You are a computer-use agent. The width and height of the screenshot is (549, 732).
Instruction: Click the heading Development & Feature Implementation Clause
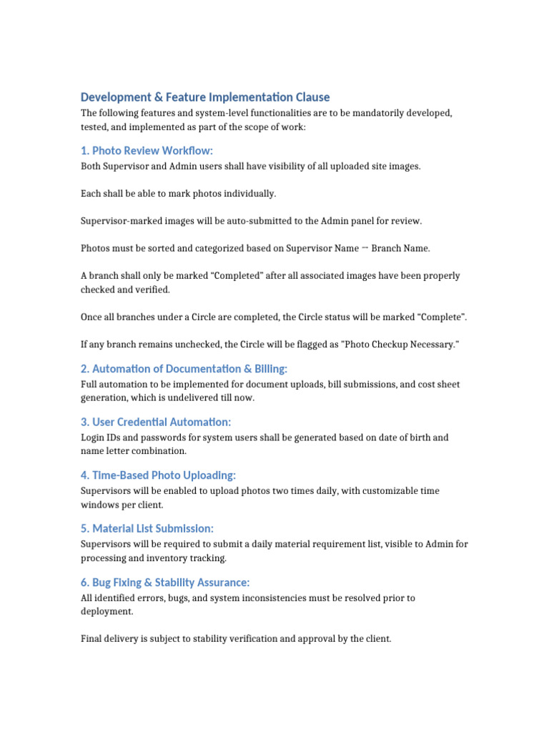click(x=205, y=97)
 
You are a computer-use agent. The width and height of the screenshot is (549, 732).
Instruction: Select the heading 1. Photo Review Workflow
click(x=147, y=150)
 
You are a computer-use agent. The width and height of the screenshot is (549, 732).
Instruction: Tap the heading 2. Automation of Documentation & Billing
click(x=184, y=368)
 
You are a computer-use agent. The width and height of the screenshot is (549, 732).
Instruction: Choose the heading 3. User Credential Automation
click(x=156, y=422)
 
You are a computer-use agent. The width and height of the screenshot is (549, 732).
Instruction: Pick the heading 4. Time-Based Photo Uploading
click(x=158, y=475)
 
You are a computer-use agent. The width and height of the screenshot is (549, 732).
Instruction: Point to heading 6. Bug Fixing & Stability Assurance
click(x=165, y=582)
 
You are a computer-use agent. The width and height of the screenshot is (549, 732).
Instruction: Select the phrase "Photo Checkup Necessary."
click(x=400, y=345)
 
